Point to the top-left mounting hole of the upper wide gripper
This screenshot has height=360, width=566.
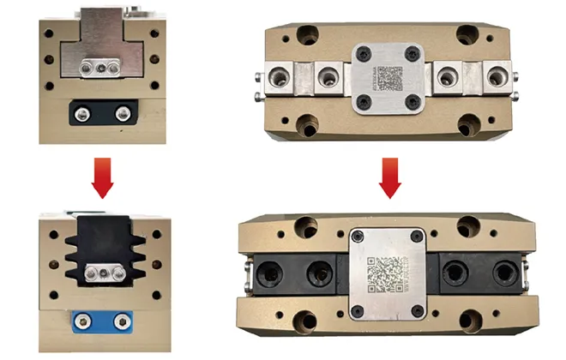306,36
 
